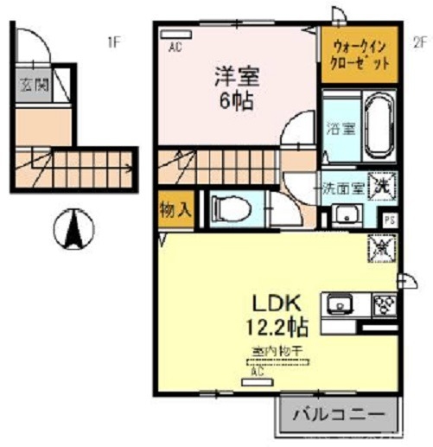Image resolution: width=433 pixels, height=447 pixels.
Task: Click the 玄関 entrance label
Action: coord(35,86)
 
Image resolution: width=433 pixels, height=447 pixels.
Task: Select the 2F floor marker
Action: coord(420,40)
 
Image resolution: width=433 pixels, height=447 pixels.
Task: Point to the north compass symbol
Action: coord(73,229)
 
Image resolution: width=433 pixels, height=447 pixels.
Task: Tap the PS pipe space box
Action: coord(390,220)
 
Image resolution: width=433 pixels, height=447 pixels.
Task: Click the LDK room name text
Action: coord(275,303)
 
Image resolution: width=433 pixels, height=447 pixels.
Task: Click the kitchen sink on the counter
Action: coord(339,305)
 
